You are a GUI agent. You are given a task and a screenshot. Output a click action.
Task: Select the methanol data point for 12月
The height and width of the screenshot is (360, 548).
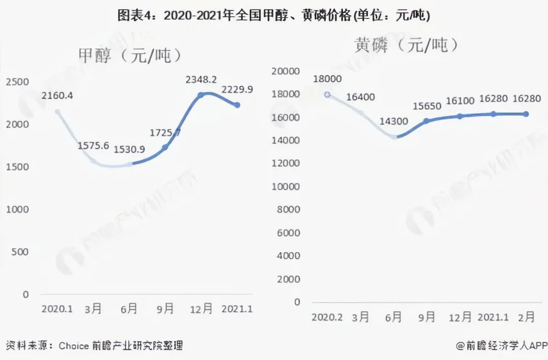200,95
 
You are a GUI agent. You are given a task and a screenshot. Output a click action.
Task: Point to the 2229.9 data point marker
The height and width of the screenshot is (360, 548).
236,105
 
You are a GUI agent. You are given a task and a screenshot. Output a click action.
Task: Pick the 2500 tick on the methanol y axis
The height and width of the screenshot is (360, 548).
17,82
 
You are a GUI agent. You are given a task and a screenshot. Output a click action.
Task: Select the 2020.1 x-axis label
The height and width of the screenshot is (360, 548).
57,309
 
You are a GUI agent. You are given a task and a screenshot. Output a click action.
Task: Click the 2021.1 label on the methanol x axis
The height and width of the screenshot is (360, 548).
236,309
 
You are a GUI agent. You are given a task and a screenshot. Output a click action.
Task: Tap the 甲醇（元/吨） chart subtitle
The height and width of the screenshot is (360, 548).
129,55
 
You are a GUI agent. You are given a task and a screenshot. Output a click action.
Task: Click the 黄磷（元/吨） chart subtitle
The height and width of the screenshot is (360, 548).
406,45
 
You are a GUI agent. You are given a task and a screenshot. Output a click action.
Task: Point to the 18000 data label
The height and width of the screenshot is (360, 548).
327,79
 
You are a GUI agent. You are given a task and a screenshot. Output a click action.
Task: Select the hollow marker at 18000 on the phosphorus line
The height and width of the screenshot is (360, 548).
327,94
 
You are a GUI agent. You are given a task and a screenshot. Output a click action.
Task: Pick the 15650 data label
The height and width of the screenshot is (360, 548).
427,107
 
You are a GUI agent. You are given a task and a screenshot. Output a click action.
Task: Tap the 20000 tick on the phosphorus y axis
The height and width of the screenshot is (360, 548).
287,71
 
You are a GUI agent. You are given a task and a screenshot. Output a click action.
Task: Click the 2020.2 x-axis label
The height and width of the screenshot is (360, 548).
327,317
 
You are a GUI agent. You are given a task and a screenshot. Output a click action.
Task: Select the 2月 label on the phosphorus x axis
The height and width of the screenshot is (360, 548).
526,317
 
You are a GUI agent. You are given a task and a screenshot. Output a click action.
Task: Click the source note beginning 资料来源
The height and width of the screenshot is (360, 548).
94,346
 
